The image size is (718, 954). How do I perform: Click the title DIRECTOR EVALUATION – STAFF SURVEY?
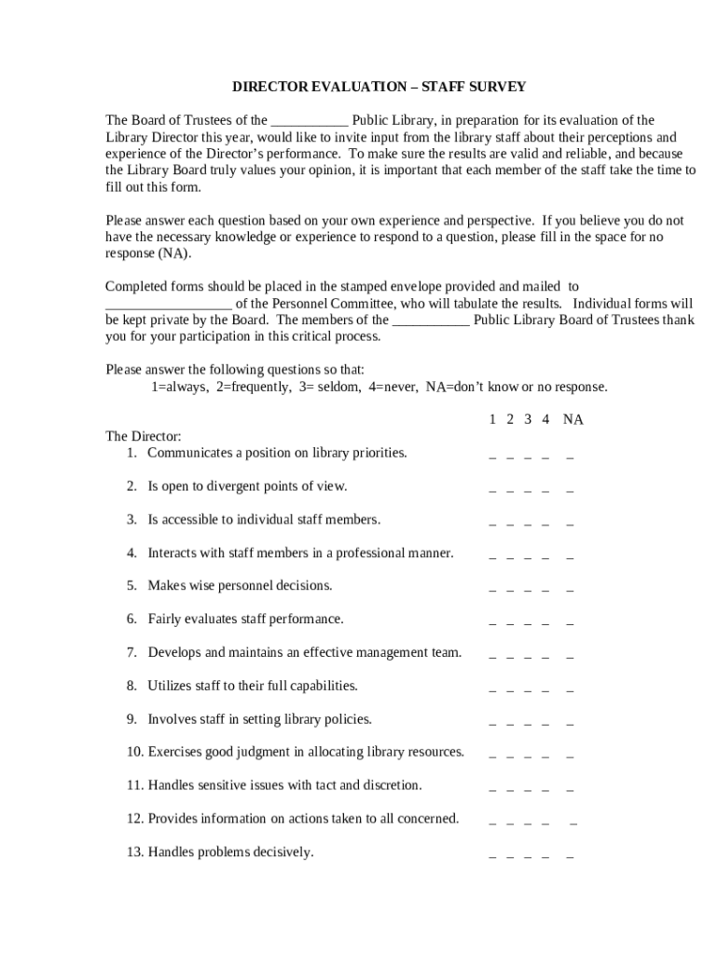point(379,87)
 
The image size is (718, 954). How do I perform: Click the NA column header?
point(573,420)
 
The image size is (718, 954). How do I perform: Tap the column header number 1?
point(492,420)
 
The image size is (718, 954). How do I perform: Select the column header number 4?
point(545,420)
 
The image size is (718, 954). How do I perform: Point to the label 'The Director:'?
point(144,436)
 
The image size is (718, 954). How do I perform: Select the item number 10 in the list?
point(134,752)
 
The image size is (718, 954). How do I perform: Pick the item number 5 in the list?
point(132,586)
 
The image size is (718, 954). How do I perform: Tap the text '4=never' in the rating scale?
point(392,387)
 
